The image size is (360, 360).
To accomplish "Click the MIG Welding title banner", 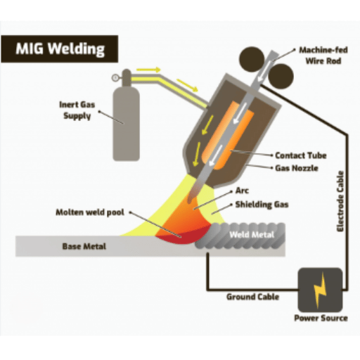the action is tap(60, 49).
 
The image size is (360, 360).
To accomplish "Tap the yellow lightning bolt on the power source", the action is tap(320, 290).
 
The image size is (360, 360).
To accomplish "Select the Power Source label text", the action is tap(321, 318).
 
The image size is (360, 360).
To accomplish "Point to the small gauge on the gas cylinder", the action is tap(115, 77).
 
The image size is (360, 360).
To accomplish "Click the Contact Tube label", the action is tap(301, 155).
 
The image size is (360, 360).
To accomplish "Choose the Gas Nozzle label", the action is tap(297, 168).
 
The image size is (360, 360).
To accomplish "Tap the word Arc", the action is tap(242, 191).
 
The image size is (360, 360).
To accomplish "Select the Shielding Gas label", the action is tap(262, 205).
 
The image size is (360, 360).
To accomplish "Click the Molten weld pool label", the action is tap(90, 212).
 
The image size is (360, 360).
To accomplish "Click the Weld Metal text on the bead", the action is tap(252, 235).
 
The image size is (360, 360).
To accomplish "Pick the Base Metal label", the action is tap(84, 246).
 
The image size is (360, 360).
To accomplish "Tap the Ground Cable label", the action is tap(252, 297).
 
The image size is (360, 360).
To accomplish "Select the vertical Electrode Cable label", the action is tap(340, 202).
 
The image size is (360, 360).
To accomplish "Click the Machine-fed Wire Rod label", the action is tap(323, 56).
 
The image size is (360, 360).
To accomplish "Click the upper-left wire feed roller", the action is tap(251, 59).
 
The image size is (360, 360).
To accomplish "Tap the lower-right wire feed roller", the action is tap(281, 76).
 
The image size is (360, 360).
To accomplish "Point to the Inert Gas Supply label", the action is tap(77, 110).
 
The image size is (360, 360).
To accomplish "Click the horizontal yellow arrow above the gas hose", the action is tap(148, 70).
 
